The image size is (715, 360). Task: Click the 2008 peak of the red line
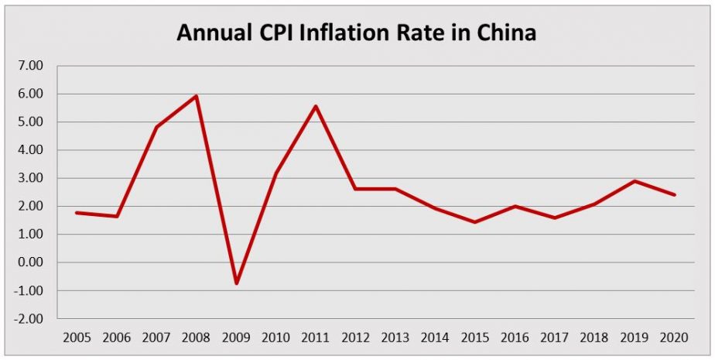click(x=197, y=96)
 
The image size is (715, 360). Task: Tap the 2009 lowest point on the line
click(x=236, y=283)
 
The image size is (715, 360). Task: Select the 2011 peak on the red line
click(x=316, y=106)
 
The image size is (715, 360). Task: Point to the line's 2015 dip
click(x=474, y=222)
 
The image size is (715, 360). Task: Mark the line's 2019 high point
click(x=635, y=181)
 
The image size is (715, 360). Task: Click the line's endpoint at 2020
click(x=674, y=194)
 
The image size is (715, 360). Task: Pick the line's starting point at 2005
click(x=77, y=212)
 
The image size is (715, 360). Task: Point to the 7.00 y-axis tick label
click(x=30, y=66)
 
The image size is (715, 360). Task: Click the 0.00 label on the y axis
click(x=30, y=262)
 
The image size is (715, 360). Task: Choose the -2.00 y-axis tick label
click(x=29, y=318)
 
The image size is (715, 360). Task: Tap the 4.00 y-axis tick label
click(x=30, y=150)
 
